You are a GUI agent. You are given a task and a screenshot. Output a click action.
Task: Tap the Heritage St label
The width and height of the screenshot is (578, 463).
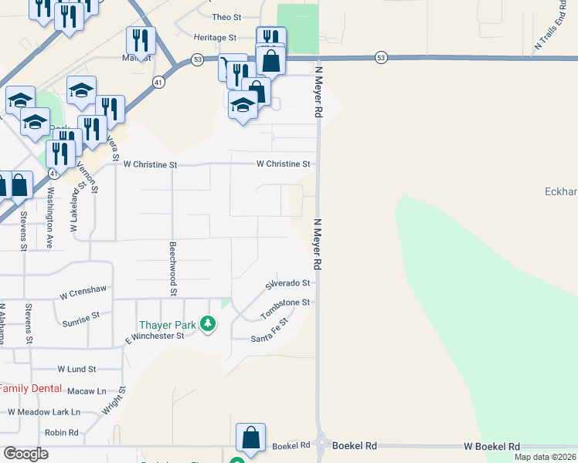point(215,37)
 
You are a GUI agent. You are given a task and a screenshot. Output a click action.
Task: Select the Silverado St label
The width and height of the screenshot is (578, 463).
point(287,284)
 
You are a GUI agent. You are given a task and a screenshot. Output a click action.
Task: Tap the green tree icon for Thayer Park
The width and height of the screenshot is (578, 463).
point(207,324)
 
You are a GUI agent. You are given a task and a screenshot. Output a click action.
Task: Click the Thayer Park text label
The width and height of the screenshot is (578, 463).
point(166,324)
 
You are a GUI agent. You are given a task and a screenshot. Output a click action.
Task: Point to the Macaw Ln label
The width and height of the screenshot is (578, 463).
point(85,391)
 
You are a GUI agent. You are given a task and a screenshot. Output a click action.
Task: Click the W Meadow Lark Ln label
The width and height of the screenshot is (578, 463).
point(44,412)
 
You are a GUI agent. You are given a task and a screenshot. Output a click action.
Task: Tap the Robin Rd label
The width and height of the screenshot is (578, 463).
point(62,433)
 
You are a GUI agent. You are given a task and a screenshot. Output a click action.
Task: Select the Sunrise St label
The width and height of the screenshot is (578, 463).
point(81,316)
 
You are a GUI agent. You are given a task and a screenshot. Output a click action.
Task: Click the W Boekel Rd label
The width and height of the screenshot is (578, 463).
point(491,447)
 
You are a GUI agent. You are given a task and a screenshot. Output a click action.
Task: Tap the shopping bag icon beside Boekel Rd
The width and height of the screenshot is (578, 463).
point(251,437)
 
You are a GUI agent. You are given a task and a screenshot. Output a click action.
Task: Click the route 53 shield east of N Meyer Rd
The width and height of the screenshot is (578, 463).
point(381,58)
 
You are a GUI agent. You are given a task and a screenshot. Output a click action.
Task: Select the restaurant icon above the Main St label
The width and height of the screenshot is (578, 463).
point(141,39)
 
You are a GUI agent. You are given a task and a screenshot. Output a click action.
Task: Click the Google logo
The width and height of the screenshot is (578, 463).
point(26,454)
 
